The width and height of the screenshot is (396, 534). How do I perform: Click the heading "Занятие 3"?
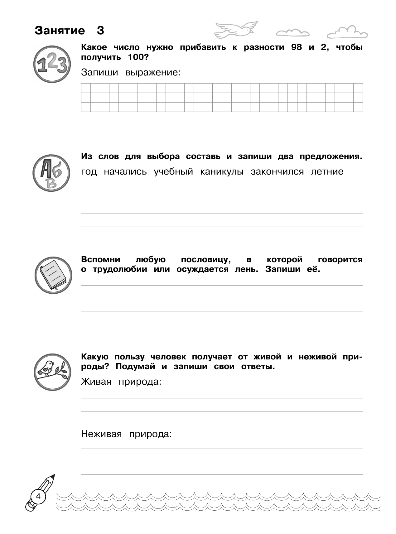[69, 31]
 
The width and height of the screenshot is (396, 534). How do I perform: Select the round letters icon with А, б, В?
[51, 173]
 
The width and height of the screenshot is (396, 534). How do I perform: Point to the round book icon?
[53, 275]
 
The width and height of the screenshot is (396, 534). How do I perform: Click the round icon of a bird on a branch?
[52, 372]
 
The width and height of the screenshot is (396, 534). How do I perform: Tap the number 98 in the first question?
[296, 48]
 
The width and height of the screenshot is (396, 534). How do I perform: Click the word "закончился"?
[277, 172]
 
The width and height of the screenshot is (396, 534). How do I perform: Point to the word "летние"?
[327, 172]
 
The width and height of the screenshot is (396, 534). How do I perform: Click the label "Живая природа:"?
[121, 382]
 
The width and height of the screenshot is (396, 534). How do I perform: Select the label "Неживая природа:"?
[126, 434]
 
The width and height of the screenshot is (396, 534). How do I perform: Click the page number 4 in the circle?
[38, 496]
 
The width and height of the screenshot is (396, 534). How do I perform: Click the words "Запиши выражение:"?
[131, 73]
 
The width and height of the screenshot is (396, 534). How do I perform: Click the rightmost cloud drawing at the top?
[347, 32]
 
